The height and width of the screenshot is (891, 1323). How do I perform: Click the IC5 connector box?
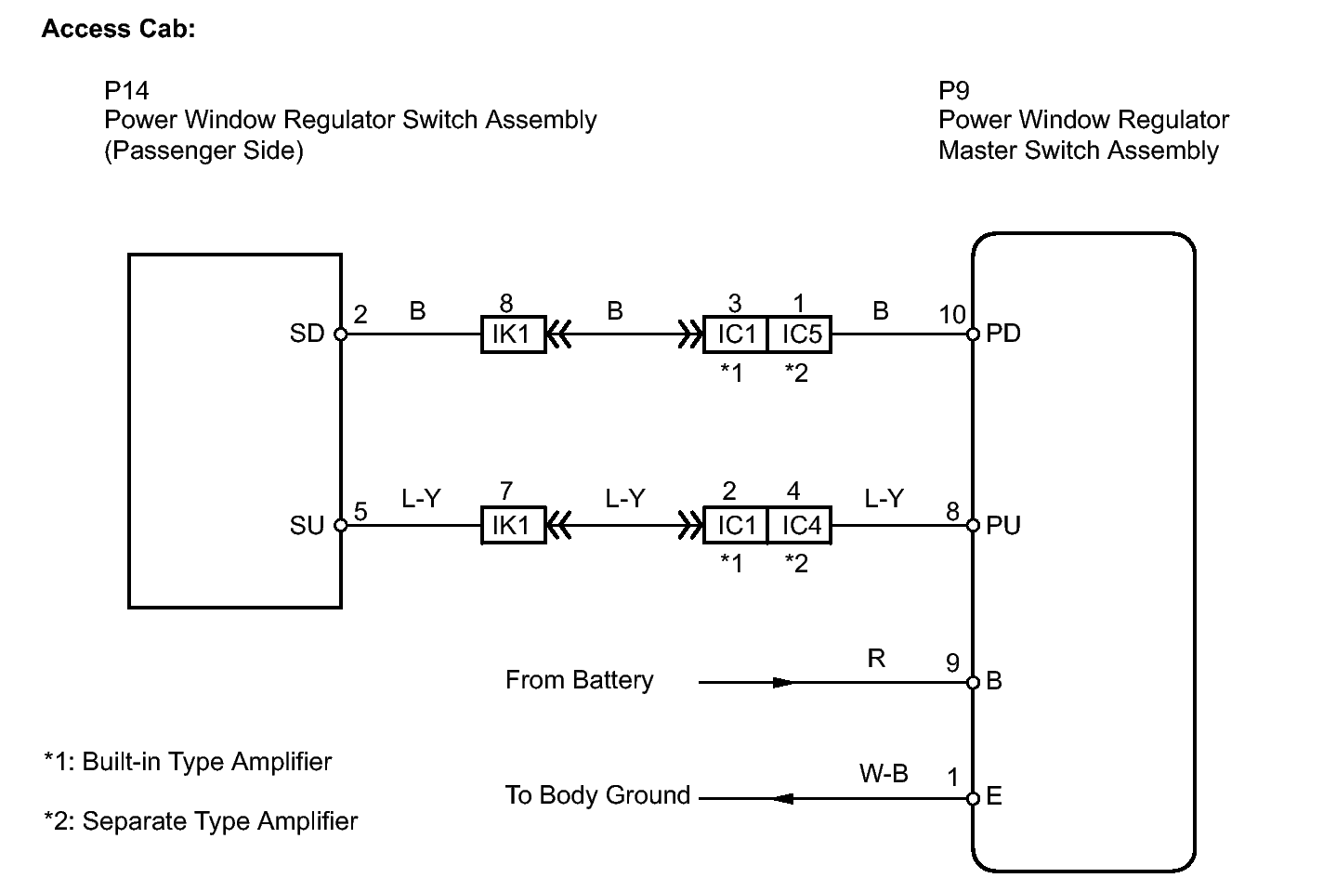800,334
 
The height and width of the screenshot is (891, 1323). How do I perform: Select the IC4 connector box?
800,525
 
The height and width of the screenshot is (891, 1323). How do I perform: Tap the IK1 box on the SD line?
513,334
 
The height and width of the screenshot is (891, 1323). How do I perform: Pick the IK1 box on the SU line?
513,525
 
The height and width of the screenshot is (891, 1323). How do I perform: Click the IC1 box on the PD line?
735,334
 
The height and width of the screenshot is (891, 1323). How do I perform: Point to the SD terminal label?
308,334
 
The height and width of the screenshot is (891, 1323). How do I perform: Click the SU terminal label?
308,526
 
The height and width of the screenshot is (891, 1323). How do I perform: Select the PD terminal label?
1002,334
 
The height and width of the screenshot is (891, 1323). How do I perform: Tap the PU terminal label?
1002,526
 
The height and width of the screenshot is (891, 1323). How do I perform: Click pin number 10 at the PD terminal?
952,315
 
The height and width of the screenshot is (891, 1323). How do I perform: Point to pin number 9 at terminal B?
952,663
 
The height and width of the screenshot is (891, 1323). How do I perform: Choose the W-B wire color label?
884,774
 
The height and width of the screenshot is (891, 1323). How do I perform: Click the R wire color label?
876,658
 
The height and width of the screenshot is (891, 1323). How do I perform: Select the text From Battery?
580,680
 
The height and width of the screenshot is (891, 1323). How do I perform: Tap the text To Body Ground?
597,795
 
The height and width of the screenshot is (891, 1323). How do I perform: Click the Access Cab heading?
118,29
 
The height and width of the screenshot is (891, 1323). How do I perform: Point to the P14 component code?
126,90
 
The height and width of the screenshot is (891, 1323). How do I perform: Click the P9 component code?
954,90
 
